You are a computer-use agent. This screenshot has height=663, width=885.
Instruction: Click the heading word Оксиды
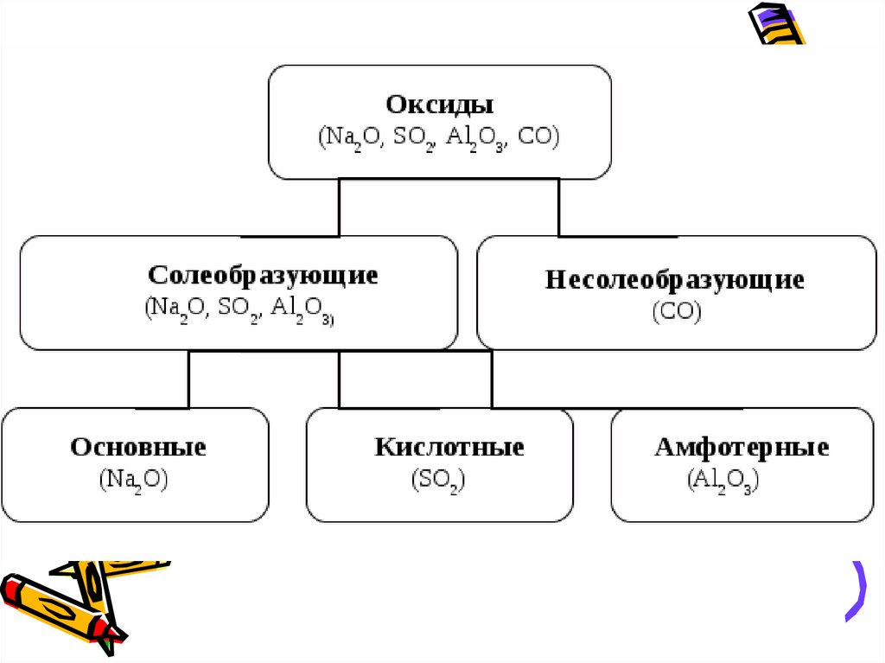click(439, 105)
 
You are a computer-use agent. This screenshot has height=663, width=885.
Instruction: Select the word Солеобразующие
click(263, 276)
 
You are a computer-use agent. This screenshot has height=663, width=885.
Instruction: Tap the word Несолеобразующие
click(674, 280)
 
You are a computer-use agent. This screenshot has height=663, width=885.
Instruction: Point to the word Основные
click(138, 448)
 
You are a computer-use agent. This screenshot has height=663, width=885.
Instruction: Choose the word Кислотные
click(449, 448)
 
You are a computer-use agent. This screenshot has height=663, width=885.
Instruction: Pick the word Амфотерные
click(742, 448)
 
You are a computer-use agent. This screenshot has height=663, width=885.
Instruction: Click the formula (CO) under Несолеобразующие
click(676, 311)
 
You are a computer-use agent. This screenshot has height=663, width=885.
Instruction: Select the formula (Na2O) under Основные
click(133, 481)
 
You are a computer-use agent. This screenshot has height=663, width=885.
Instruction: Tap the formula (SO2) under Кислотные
click(438, 481)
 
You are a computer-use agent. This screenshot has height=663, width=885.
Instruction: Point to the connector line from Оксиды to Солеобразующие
click(338, 207)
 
